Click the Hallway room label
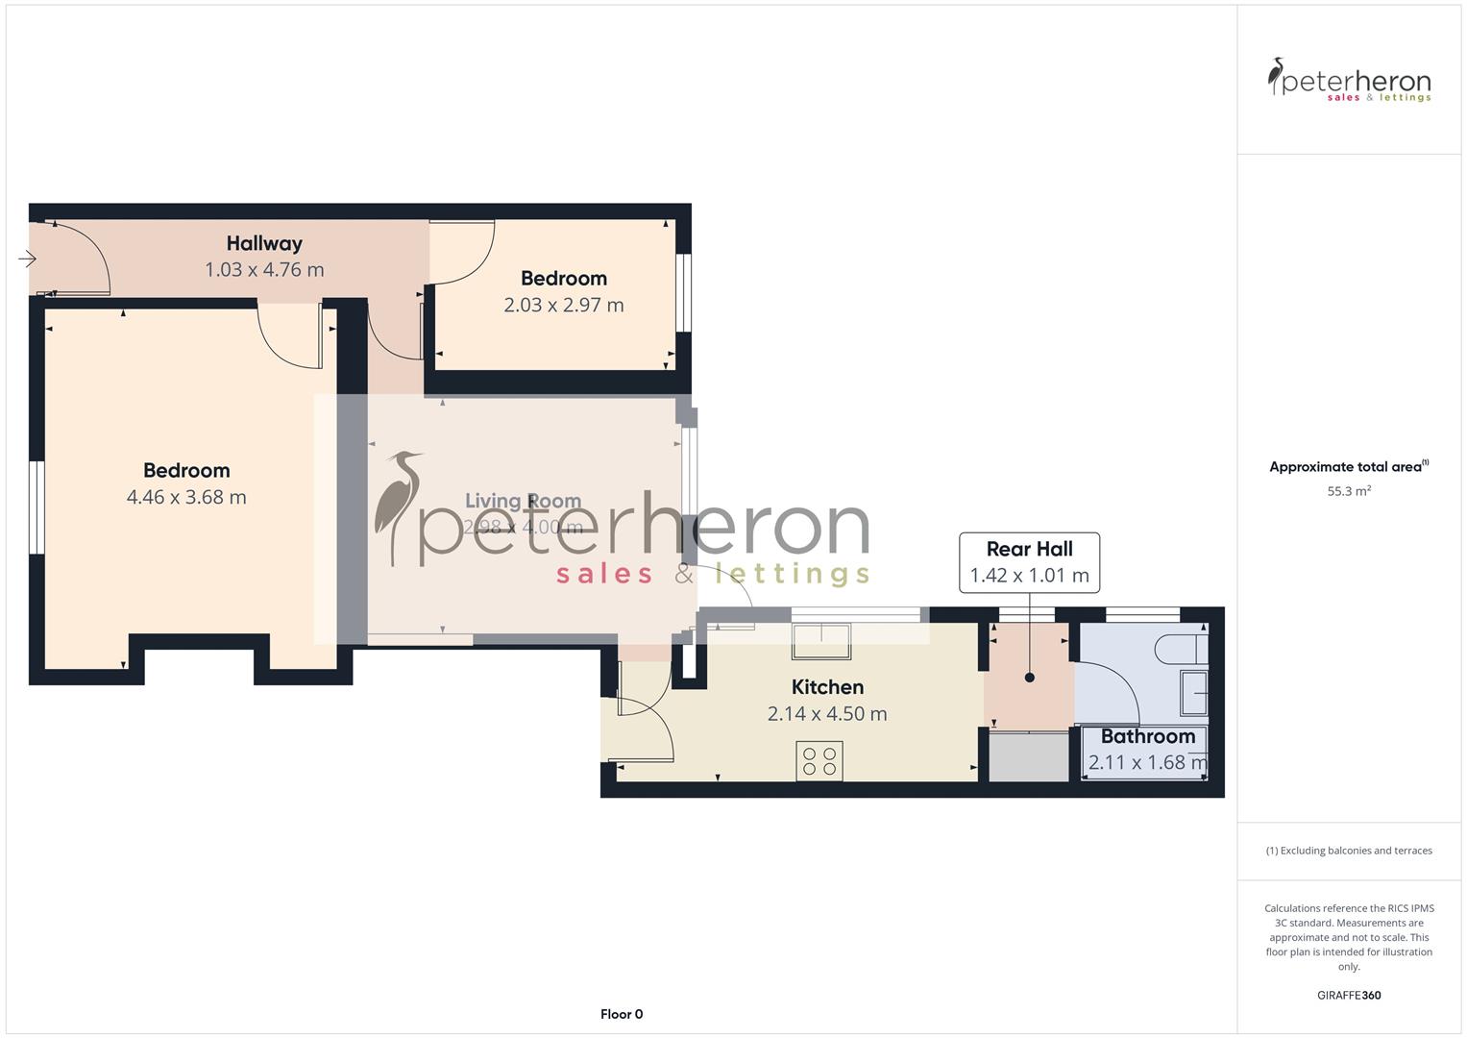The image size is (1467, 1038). click(264, 244)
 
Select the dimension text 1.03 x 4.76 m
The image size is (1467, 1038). click(264, 270)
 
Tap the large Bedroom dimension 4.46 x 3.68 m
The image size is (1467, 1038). click(186, 497)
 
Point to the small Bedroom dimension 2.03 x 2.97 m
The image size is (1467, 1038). click(564, 305)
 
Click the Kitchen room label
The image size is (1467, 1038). click(827, 687)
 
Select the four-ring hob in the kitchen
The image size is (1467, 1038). click(819, 760)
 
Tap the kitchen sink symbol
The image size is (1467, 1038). click(820, 641)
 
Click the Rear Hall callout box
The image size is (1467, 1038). click(1029, 562)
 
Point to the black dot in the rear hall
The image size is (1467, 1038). click(1030, 678)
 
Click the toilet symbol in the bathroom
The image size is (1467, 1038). click(1181, 649)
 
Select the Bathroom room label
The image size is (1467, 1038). click(1148, 737)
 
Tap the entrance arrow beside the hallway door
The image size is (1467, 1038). click(27, 259)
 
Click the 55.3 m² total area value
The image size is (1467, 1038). click(1349, 491)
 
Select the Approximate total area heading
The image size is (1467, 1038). click(1348, 467)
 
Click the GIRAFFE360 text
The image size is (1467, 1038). click(1349, 996)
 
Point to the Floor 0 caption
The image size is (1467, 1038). click(622, 1014)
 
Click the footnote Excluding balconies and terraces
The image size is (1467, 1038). click(1349, 851)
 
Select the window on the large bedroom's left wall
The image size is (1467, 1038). click(36, 507)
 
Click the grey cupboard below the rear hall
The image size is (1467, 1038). click(1029, 757)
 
